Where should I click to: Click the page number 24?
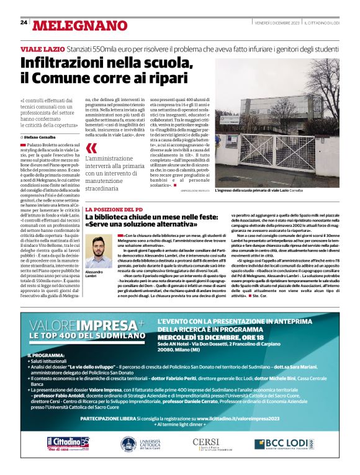tap(24, 22)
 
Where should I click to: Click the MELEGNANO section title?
tap(74, 25)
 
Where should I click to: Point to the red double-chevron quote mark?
tap(91, 148)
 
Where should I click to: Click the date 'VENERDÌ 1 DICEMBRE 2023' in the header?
tap(277, 22)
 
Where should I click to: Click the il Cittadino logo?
tap(68, 443)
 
